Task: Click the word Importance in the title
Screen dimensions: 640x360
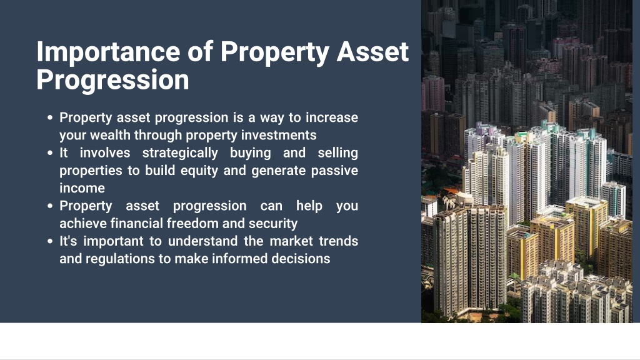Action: pyautogui.click(x=108, y=52)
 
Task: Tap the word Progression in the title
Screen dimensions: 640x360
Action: pyautogui.click(x=112, y=79)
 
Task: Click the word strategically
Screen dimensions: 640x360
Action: pyautogui.click(x=180, y=153)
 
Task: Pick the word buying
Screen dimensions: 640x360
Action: pyautogui.click(x=250, y=153)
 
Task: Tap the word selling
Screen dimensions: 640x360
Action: pyautogui.click(x=337, y=153)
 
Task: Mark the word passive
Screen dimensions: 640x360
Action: pyautogui.click(x=334, y=171)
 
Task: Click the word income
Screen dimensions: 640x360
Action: pyautogui.click(x=82, y=188)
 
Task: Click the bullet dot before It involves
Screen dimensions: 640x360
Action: pyautogui.click(x=50, y=153)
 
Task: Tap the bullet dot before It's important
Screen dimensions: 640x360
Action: pyautogui.click(x=50, y=241)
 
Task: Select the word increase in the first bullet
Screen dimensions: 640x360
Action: pyautogui.click(x=332, y=117)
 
